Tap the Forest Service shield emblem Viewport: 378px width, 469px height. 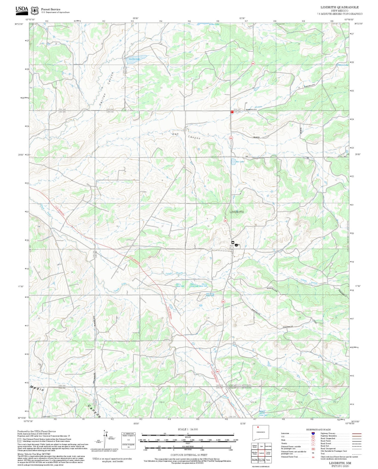tap(35, 11)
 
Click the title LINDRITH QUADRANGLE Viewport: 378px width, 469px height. tap(339, 7)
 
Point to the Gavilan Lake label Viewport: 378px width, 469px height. tap(134, 59)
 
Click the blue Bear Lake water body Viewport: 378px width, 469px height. tap(233, 161)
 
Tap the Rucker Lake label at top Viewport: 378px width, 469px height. tap(214, 24)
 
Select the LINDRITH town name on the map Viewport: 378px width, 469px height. tap(236, 212)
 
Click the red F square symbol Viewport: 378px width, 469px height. tap(232, 112)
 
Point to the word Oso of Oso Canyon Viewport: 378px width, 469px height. tap(175, 134)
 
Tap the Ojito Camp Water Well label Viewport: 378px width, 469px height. tap(210, 294)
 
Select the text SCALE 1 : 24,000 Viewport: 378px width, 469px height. tap(188, 429)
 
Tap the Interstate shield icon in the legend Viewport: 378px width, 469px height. tap(313, 433)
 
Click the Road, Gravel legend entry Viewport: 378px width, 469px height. tap(326, 443)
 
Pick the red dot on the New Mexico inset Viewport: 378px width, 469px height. tap(258, 427)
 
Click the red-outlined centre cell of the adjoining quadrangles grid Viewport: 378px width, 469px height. tap(262, 453)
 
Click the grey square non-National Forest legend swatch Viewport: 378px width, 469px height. tap(19, 440)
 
